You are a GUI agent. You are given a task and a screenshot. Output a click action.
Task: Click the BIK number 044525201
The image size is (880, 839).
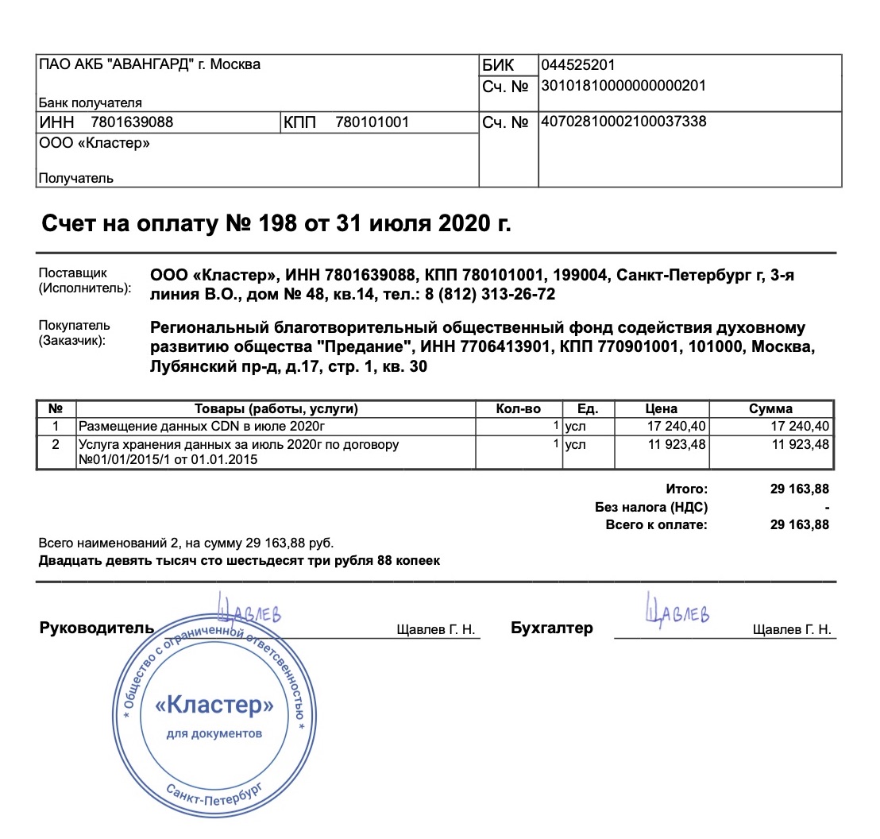(x=577, y=65)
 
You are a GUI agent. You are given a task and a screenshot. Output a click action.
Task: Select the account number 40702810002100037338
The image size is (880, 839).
(x=623, y=122)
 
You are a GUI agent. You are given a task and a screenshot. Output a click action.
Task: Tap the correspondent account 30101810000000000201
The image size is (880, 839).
(x=623, y=85)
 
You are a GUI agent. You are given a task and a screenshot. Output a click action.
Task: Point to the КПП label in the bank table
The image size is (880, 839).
(x=300, y=122)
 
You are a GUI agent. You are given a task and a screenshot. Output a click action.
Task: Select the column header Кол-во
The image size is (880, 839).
(x=519, y=409)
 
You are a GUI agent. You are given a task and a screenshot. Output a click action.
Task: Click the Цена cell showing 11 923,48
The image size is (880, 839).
(x=677, y=445)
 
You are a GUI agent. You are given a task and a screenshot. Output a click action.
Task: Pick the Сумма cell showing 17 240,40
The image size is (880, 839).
(x=801, y=427)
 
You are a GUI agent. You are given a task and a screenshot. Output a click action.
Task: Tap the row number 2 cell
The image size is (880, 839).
(x=56, y=445)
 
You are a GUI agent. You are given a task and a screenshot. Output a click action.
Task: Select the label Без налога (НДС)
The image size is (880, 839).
(x=651, y=507)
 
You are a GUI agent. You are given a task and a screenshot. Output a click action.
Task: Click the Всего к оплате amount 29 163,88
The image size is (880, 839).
(x=799, y=524)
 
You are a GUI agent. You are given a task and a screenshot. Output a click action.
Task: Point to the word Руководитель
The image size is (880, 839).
(x=97, y=628)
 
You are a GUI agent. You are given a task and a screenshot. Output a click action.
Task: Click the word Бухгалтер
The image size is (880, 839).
(x=552, y=628)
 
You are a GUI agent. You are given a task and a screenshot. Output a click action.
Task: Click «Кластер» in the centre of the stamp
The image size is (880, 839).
(x=214, y=706)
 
